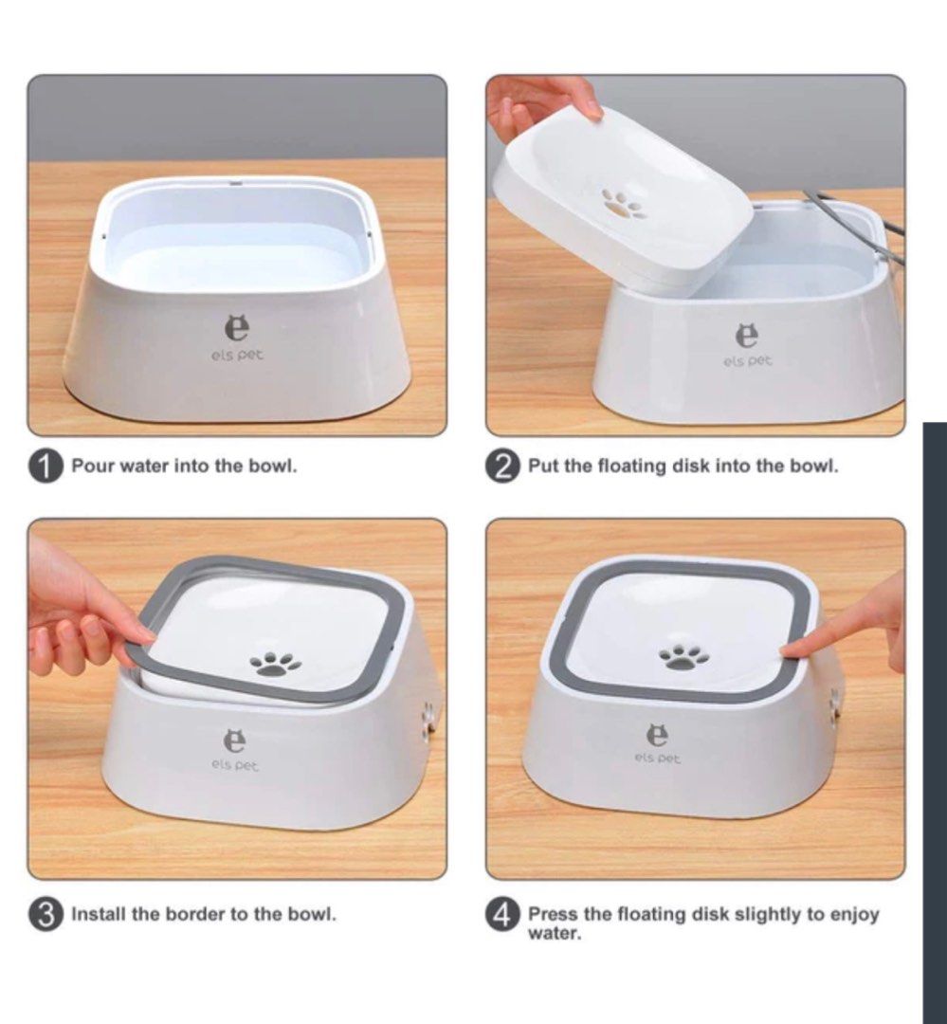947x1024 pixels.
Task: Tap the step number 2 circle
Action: point(502,467)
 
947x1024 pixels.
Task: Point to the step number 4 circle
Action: point(502,915)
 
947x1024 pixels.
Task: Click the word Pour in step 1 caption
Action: point(92,466)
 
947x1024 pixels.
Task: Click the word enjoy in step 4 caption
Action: point(853,914)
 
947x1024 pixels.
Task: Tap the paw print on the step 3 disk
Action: point(274,663)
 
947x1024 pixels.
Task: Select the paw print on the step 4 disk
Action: point(684,655)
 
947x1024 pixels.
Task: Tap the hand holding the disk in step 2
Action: point(536,100)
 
